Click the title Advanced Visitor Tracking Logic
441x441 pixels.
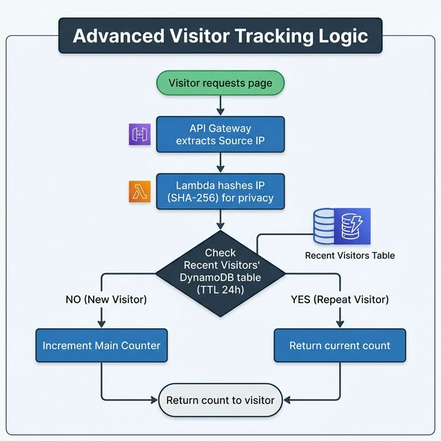pyautogui.click(x=220, y=35)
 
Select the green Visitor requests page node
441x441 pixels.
pyautogui.click(x=220, y=83)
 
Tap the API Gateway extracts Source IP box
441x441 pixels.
pyautogui.click(x=220, y=134)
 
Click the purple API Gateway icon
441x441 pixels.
pyautogui.click(x=140, y=135)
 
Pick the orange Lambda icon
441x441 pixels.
pyautogui.click(x=140, y=192)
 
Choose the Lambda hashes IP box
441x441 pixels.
pyautogui.click(x=220, y=191)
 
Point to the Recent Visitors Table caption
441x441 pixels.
pyautogui.click(x=349, y=255)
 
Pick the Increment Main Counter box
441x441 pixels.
pyautogui.click(x=101, y=345)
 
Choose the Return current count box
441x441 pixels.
pyautogui.click(x=340, y=345)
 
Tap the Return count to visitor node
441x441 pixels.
pyautogui.click(x=220, y=400)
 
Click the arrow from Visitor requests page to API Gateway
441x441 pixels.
pyautogui.click(x=220, y=105)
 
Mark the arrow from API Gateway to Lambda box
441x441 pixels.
pyautogui.click(x=220, y=163)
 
